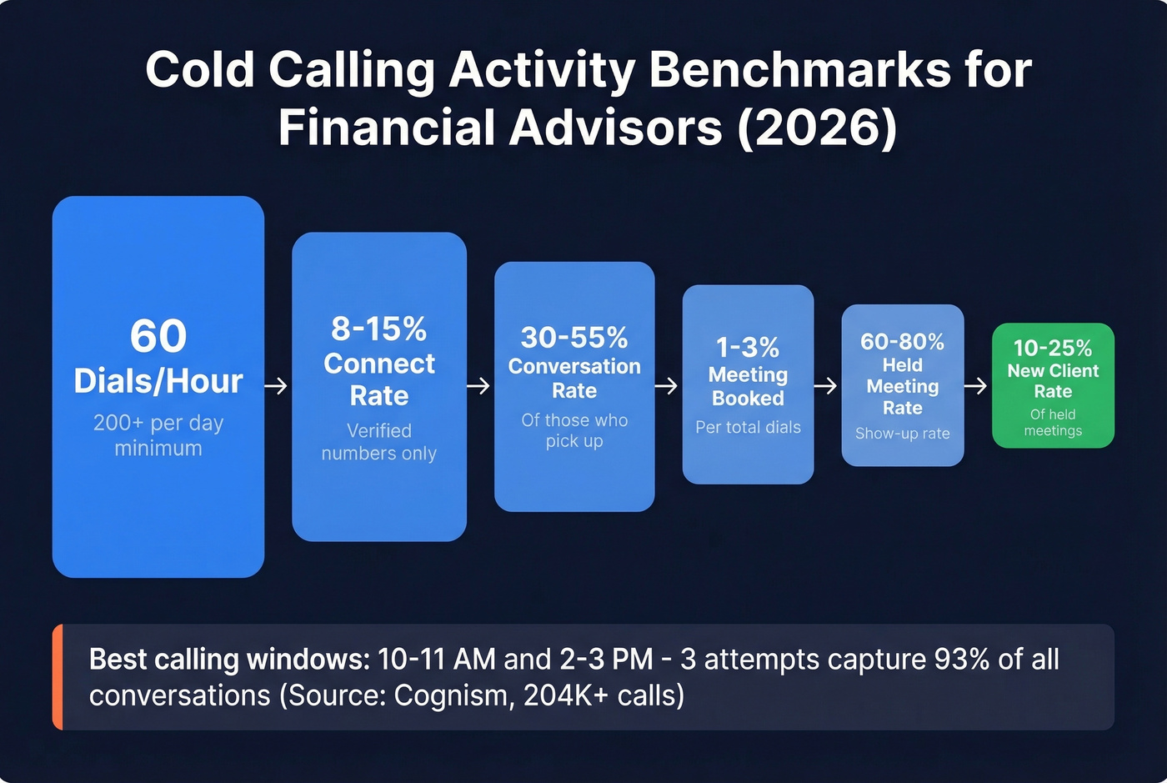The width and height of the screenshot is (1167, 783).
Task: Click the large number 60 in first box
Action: click(x=158, y=336)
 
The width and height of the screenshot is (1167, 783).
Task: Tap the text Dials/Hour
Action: click(x=158, y=381)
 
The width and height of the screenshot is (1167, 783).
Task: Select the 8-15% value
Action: click(x=378, y=329)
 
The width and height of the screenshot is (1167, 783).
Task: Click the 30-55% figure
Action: click(x=574, y=337)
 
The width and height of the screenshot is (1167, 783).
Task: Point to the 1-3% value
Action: click(x=748, y=347)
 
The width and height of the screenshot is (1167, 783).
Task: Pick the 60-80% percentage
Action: click(x=902, y=342)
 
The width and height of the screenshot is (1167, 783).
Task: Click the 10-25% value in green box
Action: click(x=1053, y=348)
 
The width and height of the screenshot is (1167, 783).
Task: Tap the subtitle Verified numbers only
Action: click(x=378, y=442)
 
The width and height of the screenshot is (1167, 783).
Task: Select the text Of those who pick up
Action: click(x=574, y=430)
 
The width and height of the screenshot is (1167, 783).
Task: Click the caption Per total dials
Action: click(x=748, y=427)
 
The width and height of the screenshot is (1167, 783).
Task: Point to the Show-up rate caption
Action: click(x=902, y=434)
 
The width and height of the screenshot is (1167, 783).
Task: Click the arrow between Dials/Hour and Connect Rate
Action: click(x=277, y=385)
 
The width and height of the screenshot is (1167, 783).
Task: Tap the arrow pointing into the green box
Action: click(x=976, y=386)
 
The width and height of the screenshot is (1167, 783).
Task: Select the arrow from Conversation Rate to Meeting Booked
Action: click(x=667, y=385)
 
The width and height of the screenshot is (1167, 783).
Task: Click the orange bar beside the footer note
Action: click(x=58, y=676)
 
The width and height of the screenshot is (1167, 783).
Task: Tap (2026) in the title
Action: click(x=817, y=128)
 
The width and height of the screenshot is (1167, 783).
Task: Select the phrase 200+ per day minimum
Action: click(x=158, y=435)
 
